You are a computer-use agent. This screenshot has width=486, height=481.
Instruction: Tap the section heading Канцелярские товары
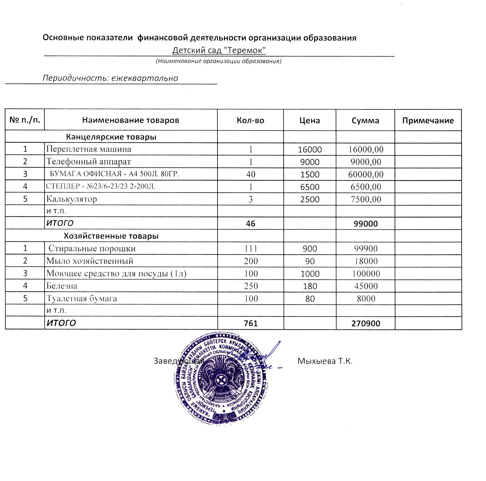pos(111,137)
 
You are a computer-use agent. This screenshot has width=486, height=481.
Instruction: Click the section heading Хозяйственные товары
pos(111,236)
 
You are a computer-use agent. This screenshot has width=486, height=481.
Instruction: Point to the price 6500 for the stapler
pos(310,187)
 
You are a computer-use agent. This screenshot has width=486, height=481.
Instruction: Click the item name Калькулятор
pos(71,199)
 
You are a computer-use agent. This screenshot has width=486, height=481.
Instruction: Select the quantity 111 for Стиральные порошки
pos(251,249)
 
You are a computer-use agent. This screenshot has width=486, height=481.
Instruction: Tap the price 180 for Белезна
pos(310,286)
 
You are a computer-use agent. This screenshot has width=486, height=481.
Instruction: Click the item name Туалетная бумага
pos(81,299)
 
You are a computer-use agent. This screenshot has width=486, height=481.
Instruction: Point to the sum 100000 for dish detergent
pos(366,274)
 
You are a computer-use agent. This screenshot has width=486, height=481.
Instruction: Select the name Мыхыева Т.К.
pos(325,361)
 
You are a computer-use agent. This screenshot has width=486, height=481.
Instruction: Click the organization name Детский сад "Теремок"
pos(219,50)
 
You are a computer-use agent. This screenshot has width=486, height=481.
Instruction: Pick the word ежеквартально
pos(145,78)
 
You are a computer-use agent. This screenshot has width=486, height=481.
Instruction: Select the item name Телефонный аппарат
pos(88,162)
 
